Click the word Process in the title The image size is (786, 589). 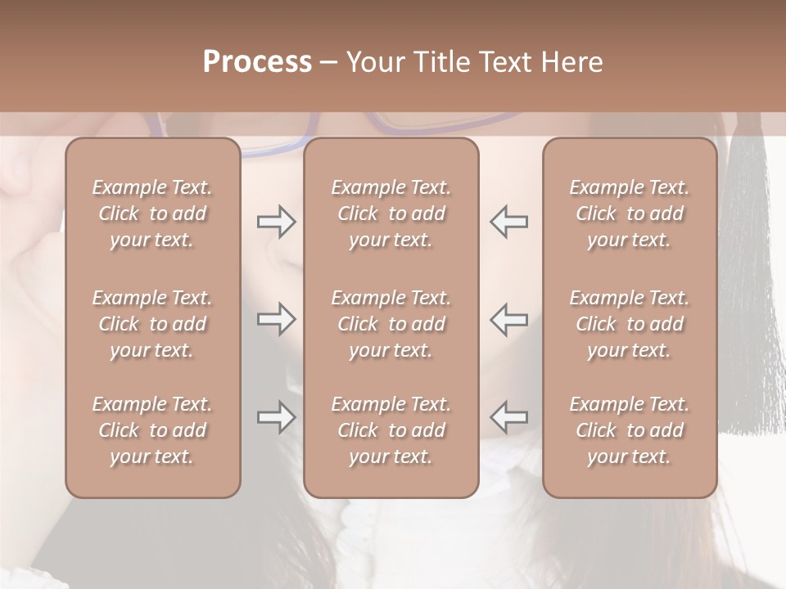pyautogui.click(x=257, y=62)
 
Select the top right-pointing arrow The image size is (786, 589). pyautogui.click(x=276, y=222)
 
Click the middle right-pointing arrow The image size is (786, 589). pyautogui.click(x=276, y=319)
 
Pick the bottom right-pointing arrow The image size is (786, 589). pyautogui.click(x=276, y=417)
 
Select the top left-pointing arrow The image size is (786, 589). pyautogui.click(x=509, y=222)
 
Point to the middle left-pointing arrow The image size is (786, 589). pyautogui.click(x=509, y=319)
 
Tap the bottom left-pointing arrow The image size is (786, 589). pyautogui.click(x=509, y=417)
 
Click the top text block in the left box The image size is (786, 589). pyautogui.click(x=152, y=214)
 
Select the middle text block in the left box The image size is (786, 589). pyautogui.click(x=152, y=324)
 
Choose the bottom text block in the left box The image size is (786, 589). pyautogui.click(x=152, y=430)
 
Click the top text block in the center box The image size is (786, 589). pyautogui.click(x=391, y=214)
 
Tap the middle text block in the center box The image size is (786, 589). pyautogui.click(x=391, y=324)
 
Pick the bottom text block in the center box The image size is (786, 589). pyautogui.click(x=391, y=430)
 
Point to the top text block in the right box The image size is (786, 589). pyautogui.click(x=629, y=214)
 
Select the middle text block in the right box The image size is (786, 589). pyautogui.click(x=629, y=324)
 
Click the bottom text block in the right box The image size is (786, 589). pyautogui.click(x=629, y=430)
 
